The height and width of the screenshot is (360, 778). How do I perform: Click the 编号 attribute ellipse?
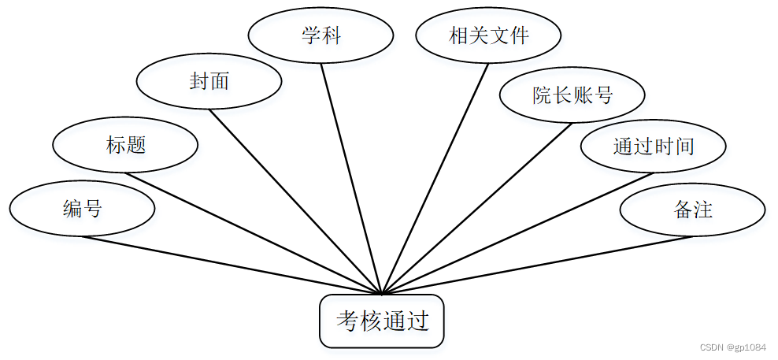point(82,209)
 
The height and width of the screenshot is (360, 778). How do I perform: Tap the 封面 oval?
point(209,81)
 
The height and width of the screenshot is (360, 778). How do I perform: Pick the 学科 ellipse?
point(320,35)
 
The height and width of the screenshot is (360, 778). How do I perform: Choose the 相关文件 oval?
point(488,35)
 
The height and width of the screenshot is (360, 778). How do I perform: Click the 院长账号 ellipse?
point(572,95)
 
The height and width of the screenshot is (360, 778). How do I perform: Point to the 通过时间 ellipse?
point(653,146)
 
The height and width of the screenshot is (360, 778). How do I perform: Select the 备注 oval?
point(693,210)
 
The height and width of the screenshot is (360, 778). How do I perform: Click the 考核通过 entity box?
point(382,321)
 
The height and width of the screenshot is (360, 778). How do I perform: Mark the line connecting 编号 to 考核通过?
point(232,265)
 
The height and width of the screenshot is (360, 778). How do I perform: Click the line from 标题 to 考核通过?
point(254,234)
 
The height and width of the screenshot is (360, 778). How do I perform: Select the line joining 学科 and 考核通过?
point(351,180)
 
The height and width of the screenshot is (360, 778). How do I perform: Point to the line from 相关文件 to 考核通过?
point(435,179)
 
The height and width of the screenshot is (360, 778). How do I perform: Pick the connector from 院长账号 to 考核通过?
point(477,209)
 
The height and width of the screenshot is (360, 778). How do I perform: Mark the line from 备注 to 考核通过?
point(535,265)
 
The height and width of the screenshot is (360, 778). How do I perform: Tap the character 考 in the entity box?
point(347,321)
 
